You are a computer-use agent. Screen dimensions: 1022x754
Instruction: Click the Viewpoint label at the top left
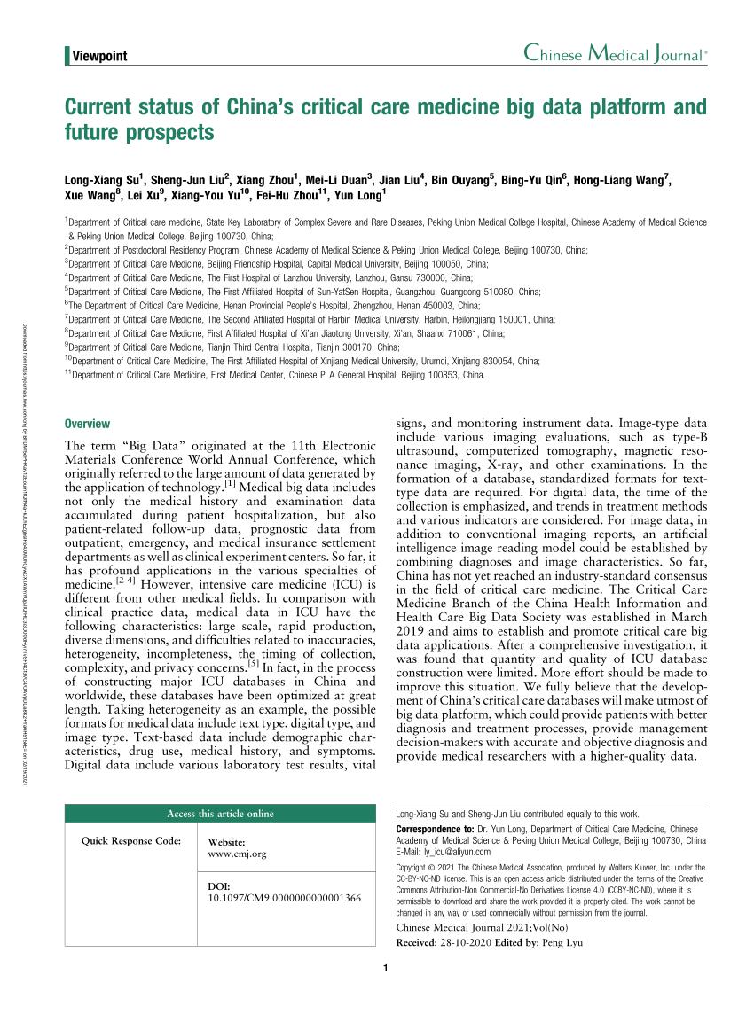click(x=98, y=56)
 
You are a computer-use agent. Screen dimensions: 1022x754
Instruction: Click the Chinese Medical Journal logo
click(x=615, y=54)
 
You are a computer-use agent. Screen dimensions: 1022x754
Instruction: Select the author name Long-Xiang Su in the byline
click(x=99, y=180)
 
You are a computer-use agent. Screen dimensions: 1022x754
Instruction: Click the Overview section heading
click(x=88, y=424)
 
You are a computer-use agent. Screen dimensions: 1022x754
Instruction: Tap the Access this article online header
click(x=221, y=814)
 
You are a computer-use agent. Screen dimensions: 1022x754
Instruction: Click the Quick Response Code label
click(x=132, y=840)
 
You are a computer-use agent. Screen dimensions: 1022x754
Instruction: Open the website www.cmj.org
click(x=237, y=854)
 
